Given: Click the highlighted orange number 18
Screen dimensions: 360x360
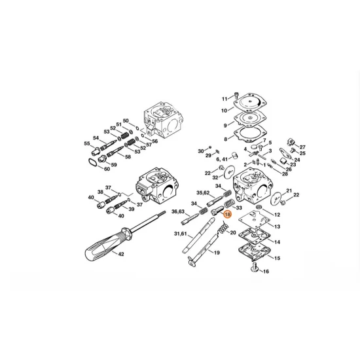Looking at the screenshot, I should pyautogui.click(x=228, y=214).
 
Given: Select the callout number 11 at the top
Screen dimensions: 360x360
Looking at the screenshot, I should pyautogui.click(x=224, y=98).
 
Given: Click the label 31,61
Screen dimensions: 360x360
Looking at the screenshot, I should pyautogui.click(x=181, y=234).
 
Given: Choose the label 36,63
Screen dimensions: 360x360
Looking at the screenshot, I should pyautogui.click(x=178, y=211).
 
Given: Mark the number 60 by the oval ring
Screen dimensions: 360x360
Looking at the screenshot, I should pyautogui.click(x=107, y=169).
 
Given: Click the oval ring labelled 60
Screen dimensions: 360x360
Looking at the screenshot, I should pyautogui.click(x=93, y=164).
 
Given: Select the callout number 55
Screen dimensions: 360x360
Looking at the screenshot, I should pyautogui.click(x=86, y=143).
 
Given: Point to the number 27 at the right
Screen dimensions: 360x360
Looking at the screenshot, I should pyautogui.click(x=302, y=147).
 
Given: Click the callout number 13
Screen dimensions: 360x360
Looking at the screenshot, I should pyautogui.click(x=277, y=226).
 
